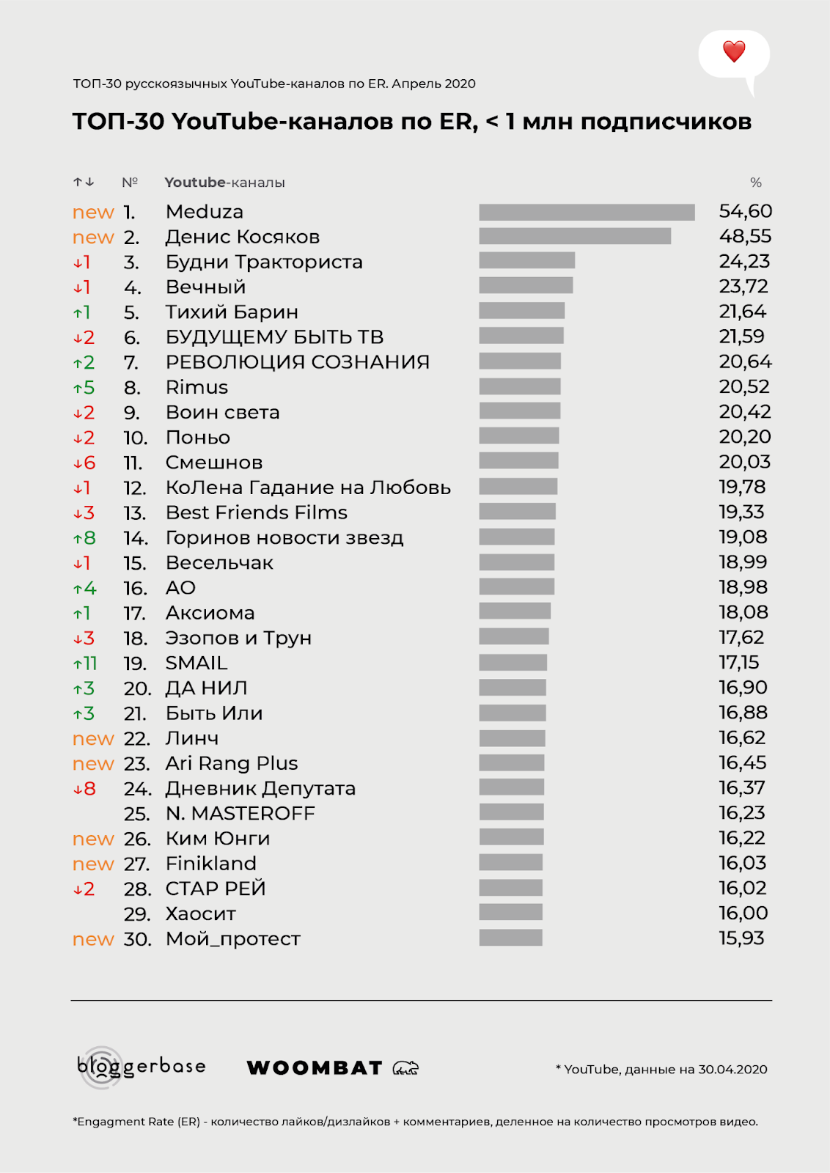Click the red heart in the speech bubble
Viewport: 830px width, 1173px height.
734,51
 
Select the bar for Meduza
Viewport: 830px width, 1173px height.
587,212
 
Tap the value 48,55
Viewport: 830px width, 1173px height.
745,236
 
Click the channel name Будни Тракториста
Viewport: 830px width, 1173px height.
264,262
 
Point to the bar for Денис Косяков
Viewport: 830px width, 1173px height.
575,236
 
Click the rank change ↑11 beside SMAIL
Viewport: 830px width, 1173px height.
85,663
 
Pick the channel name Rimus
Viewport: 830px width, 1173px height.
197,387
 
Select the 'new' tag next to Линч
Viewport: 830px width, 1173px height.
93,739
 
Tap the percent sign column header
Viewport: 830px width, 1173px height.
756,183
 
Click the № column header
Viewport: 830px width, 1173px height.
130,183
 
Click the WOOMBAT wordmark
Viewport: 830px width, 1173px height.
315,1068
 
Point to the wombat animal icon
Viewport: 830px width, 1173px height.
406,1068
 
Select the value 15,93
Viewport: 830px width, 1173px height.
741,938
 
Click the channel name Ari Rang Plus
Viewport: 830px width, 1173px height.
232,764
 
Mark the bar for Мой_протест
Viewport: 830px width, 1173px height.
510,938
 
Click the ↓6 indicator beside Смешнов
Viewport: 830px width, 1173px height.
84,463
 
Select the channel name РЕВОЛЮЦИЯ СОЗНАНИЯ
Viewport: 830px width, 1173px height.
298,362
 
